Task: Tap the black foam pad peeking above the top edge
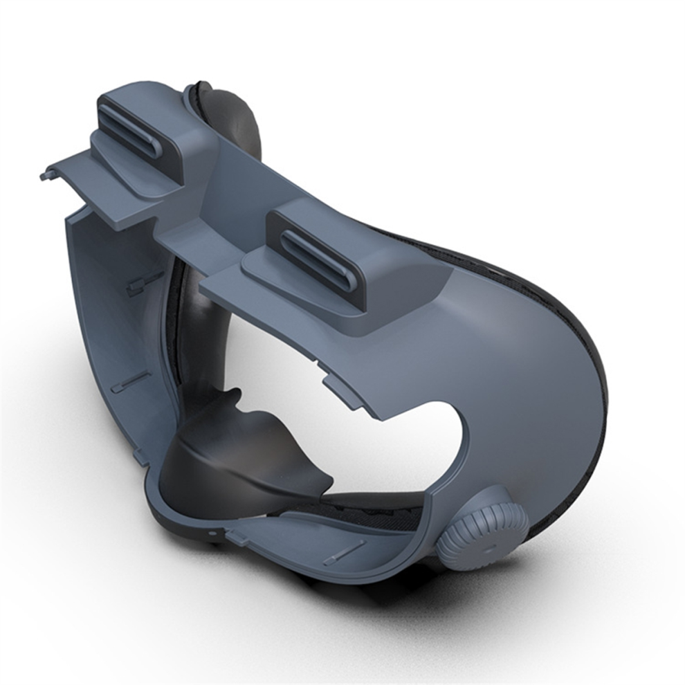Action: pyautogui.click(x=228, y=111)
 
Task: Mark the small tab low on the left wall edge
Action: pyautogui.click(x=142, y=457)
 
